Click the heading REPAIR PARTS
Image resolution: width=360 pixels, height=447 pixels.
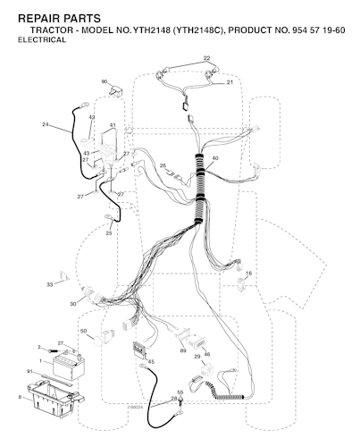click(x=59, y=19)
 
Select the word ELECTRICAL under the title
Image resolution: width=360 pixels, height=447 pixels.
click(x=42, y=40)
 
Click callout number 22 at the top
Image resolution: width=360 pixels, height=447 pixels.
click(x=206, y=58)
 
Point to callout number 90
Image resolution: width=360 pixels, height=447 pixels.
click(x=105, y=81)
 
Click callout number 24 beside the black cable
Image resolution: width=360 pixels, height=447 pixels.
click(x=46, y=124)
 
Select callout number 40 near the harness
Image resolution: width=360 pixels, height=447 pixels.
click(x=214, y=158)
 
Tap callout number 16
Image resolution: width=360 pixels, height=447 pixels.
click(x=249, y=274)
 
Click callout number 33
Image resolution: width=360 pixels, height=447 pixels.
click(x=49, y=284)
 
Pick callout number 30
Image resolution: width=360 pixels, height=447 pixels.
click(x=73, y=304)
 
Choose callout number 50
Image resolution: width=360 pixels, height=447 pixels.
click(x=83, y=331)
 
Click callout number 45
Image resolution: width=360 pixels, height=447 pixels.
click(x=151, y=362)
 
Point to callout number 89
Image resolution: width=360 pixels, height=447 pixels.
click(x=183, y=350)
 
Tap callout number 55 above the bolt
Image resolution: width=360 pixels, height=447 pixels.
click(x=180, y=392)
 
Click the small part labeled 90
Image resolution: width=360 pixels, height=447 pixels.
click(x=117, y=91)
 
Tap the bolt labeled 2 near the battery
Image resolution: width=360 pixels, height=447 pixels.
click(x=54, y=349)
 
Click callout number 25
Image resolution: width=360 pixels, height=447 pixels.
click(x=109, y=233)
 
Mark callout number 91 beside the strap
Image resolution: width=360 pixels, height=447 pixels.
click(x=29, y=371)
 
